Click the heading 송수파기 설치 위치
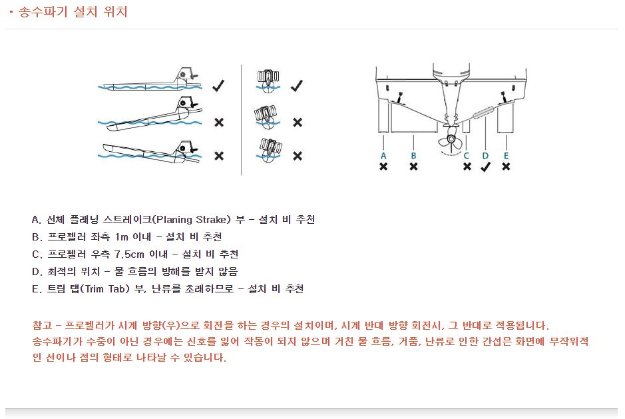tap(73, 12)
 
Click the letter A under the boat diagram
tap(383, 155)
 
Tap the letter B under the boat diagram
tap(413, 155)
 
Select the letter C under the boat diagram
tap(467, 155)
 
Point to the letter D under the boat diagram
tap(485, 155)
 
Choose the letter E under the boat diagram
tap(506, 155)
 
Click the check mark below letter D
tap(485, 167)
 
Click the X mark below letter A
tap(383, 167)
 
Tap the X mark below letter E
tap(506, 167)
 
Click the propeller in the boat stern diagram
tap(451, 141)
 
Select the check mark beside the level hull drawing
tap(218, 86)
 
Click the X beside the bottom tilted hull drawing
tap(218, 156)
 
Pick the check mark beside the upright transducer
tap(297, 86)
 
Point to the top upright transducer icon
tap(267, 79)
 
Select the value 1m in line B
tap(122, 237)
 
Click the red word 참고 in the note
tap(41, 326)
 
